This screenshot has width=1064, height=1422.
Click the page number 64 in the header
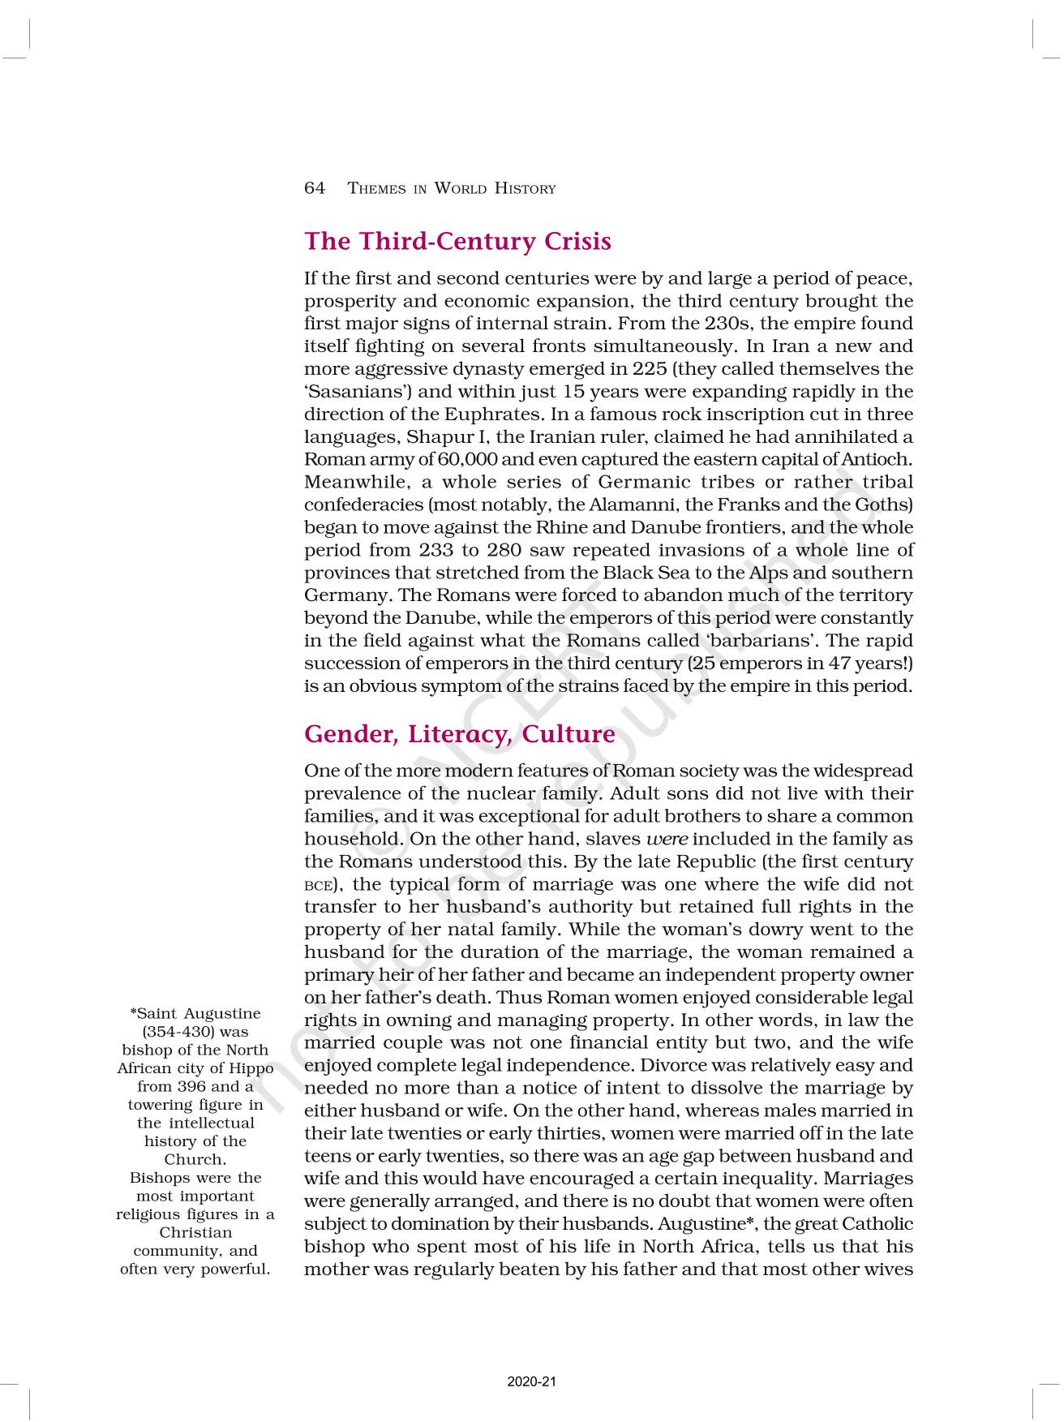pos(315,188)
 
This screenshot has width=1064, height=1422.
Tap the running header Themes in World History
pos(452,189)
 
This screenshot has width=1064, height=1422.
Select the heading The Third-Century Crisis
pos(457,241)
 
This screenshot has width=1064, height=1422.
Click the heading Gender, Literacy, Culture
pos(459,734)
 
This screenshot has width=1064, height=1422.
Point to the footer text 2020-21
pos(532,1381)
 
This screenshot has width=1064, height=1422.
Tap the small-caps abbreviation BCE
pos(317,886)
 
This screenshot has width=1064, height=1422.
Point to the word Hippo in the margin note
pos(251,1068)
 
